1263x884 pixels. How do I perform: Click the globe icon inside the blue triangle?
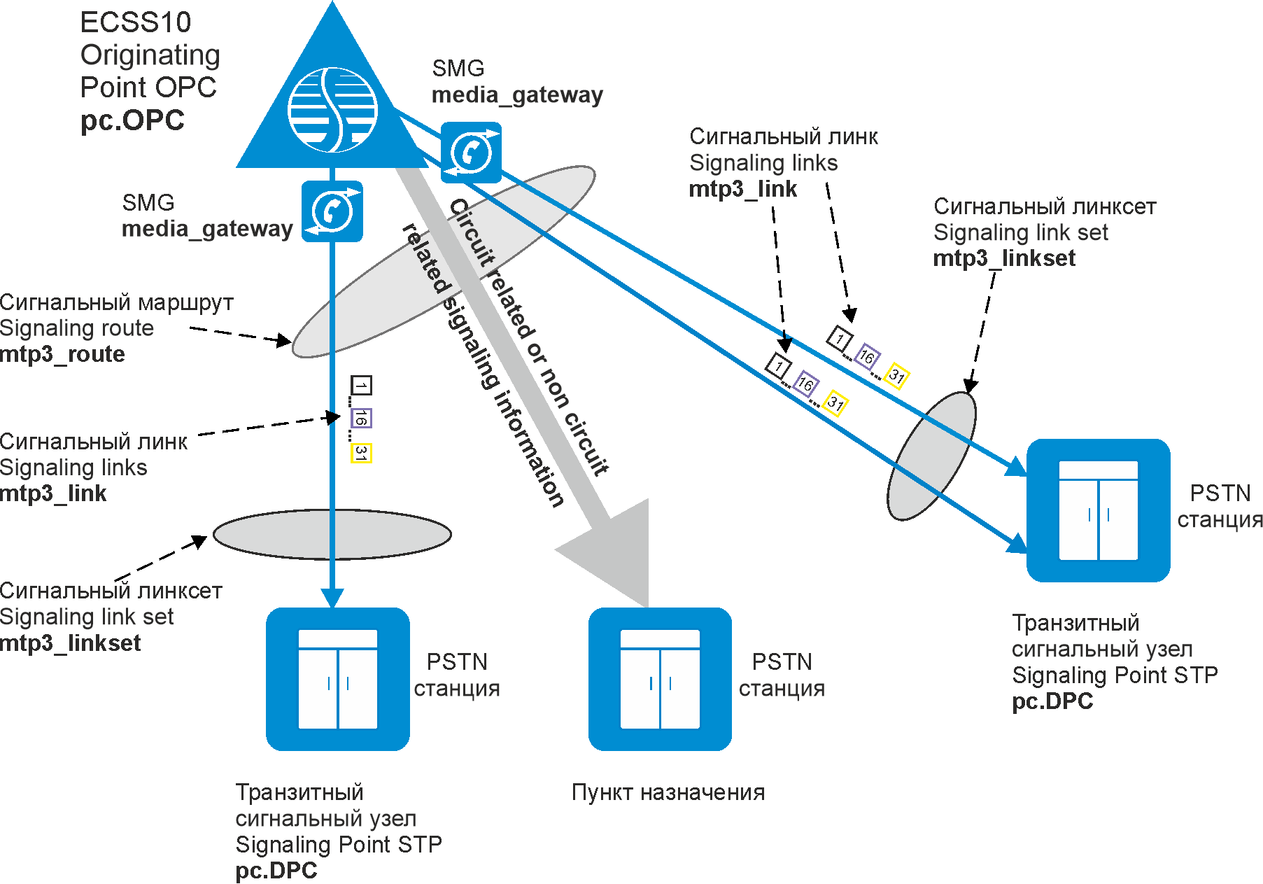[333, 110]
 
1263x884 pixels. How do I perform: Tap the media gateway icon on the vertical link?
[332, 211]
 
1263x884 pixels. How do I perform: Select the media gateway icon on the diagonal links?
[471, 153]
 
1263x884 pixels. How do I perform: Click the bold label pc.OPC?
[132, 120]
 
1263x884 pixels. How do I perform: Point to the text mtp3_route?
[62, 354]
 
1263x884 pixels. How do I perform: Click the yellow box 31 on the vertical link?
[361, 453]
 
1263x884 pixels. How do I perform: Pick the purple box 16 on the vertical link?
[361, 418]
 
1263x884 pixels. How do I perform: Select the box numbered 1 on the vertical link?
[361, 385]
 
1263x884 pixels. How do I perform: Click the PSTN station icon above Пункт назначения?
[660, 679]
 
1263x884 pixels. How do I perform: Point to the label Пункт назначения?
[668, 792]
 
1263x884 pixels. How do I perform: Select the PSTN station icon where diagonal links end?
[1098, 510]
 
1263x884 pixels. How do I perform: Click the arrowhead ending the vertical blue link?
[332, 597]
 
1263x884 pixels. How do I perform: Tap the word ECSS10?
[136, 22]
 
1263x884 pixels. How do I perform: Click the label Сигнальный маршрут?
[116, 302]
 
